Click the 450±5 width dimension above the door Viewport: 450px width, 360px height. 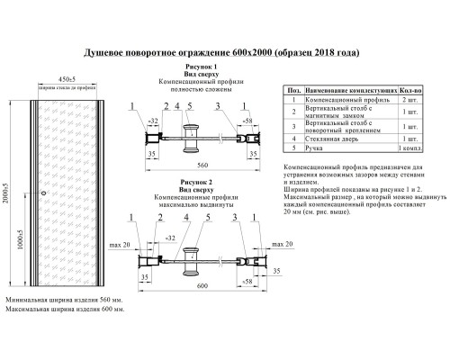[x=61, y=77]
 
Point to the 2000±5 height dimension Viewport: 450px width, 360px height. [x=12, y=192]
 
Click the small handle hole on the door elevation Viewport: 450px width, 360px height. [x=44, y=193]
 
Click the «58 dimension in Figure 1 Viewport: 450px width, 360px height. [x=247, y=119]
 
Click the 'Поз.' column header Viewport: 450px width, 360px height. [x=292, y=91]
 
